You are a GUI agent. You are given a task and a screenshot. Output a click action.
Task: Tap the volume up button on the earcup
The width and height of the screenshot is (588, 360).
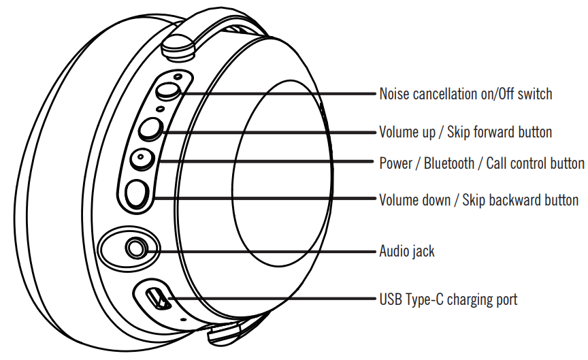point(150,128)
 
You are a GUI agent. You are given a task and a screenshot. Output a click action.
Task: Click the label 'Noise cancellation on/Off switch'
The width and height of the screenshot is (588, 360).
point(465,94)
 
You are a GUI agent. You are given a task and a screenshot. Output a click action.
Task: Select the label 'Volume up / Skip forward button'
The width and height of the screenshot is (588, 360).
point(465,131)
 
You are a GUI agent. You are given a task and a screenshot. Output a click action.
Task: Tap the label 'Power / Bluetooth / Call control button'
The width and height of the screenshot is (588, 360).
point(481,163)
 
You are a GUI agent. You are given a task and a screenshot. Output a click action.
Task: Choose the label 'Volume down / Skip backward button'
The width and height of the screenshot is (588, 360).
point(478,200)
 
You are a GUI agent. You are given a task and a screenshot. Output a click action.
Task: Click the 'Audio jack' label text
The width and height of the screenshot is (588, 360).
point(407,251)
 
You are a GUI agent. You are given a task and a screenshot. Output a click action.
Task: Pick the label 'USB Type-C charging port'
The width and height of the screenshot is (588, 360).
point(448,299)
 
